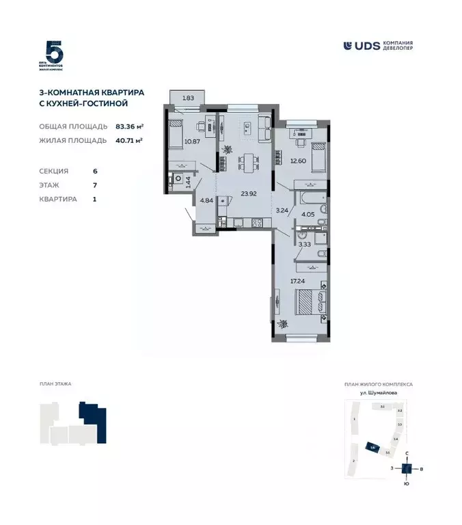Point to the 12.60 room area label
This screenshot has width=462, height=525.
(x=298, y=161)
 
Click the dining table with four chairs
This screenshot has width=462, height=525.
(x=245, y=163)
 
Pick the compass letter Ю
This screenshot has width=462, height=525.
(x=406, y=485)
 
